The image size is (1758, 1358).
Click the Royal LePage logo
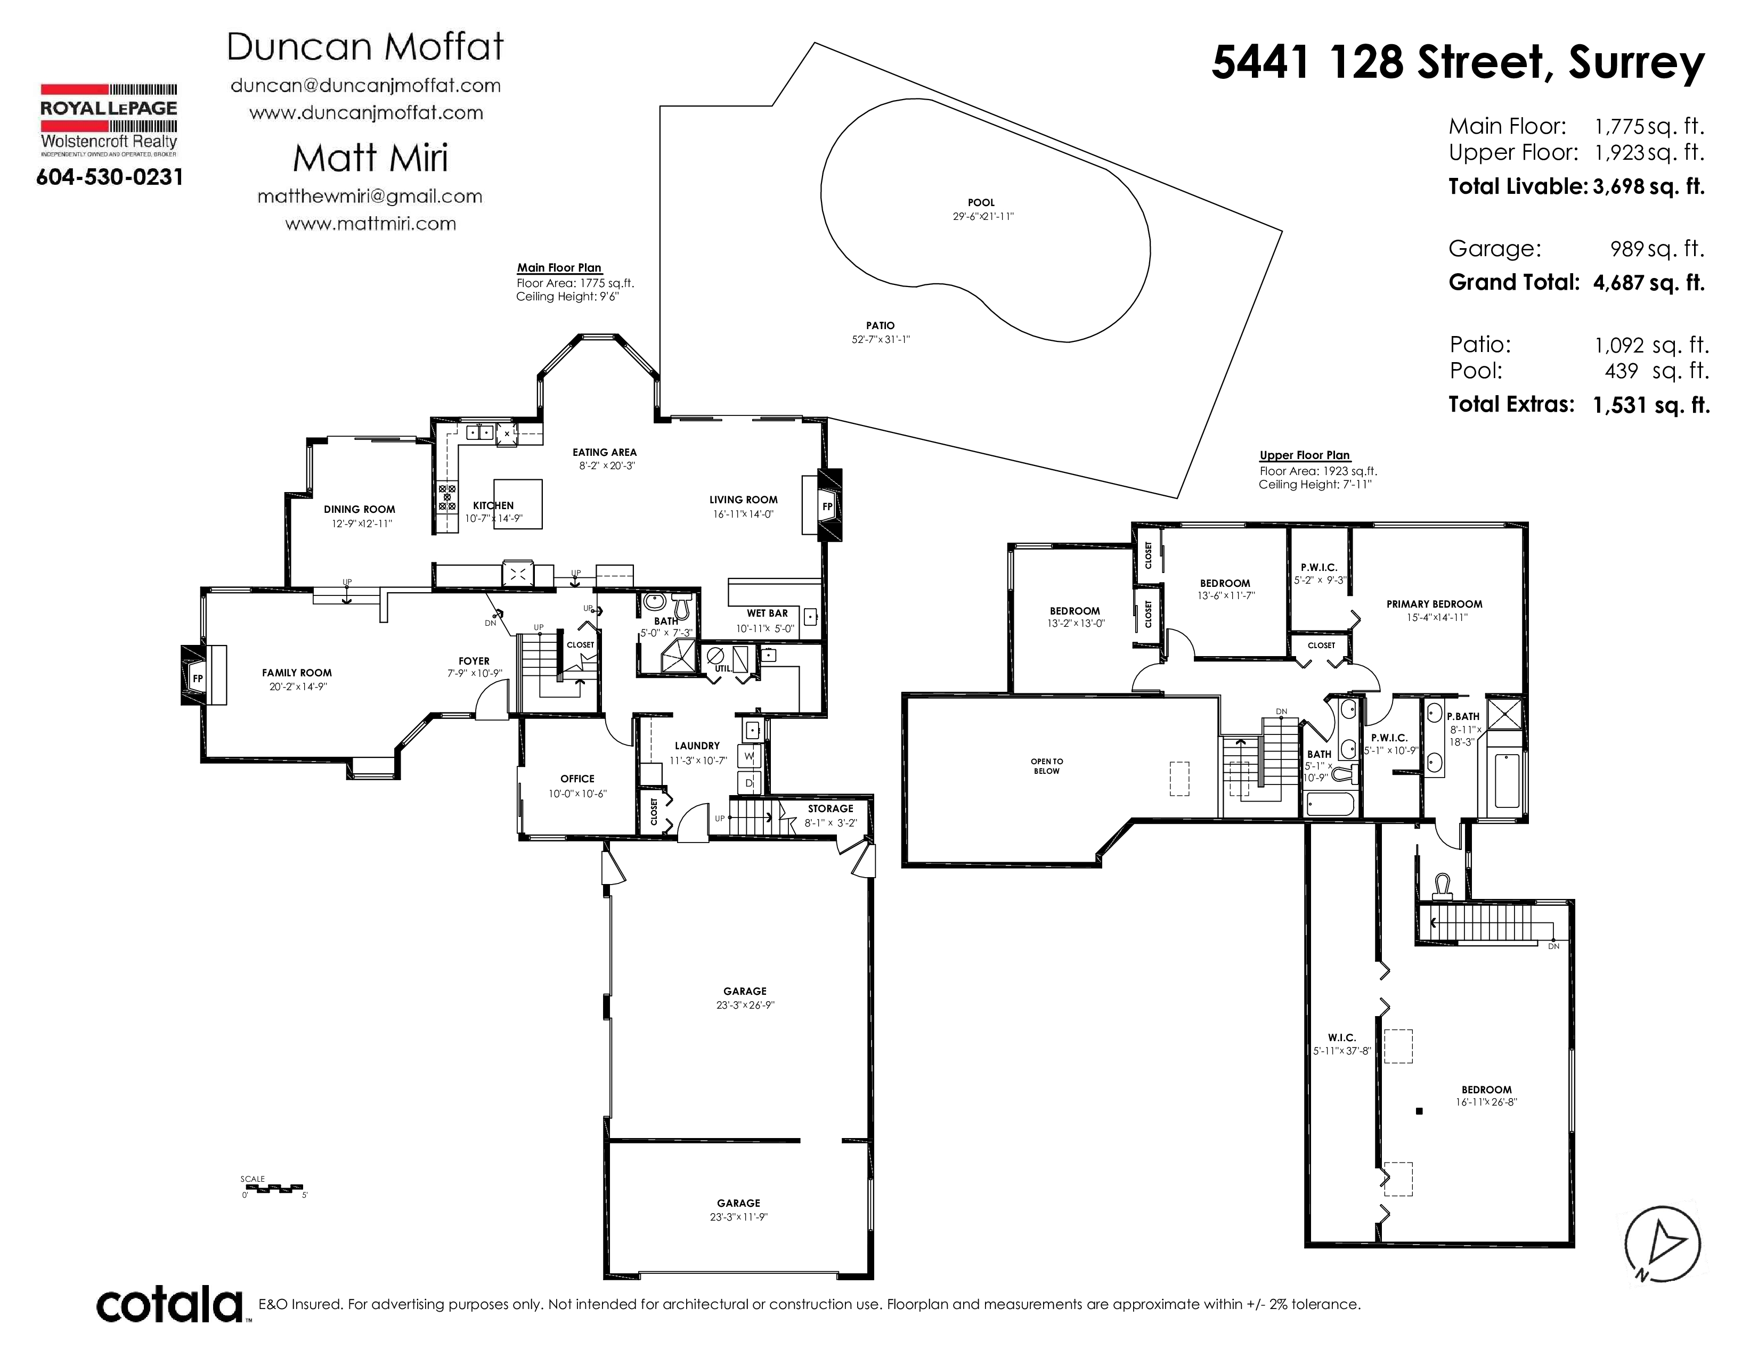(x=109, y=120)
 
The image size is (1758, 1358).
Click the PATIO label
(x=881, y=326)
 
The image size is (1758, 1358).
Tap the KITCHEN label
(x=493, y=505)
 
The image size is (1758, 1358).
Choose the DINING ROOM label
(x=360, y=509)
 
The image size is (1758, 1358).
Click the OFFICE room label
(x=577, y=779)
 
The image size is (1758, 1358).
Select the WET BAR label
(x=767, y=613)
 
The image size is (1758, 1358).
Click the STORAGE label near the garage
(x=831, y=808)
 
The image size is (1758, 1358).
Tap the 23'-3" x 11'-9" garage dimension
(x=739, y=1217)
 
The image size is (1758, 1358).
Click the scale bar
(x=272, y=1188)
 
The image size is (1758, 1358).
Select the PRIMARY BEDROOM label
(x=1435, y=604)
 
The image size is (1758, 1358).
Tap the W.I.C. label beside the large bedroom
(x=1342, y=1038)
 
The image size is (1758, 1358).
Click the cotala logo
(x=170, y=1305)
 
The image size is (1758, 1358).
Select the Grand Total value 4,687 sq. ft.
(x=1649, y=283)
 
